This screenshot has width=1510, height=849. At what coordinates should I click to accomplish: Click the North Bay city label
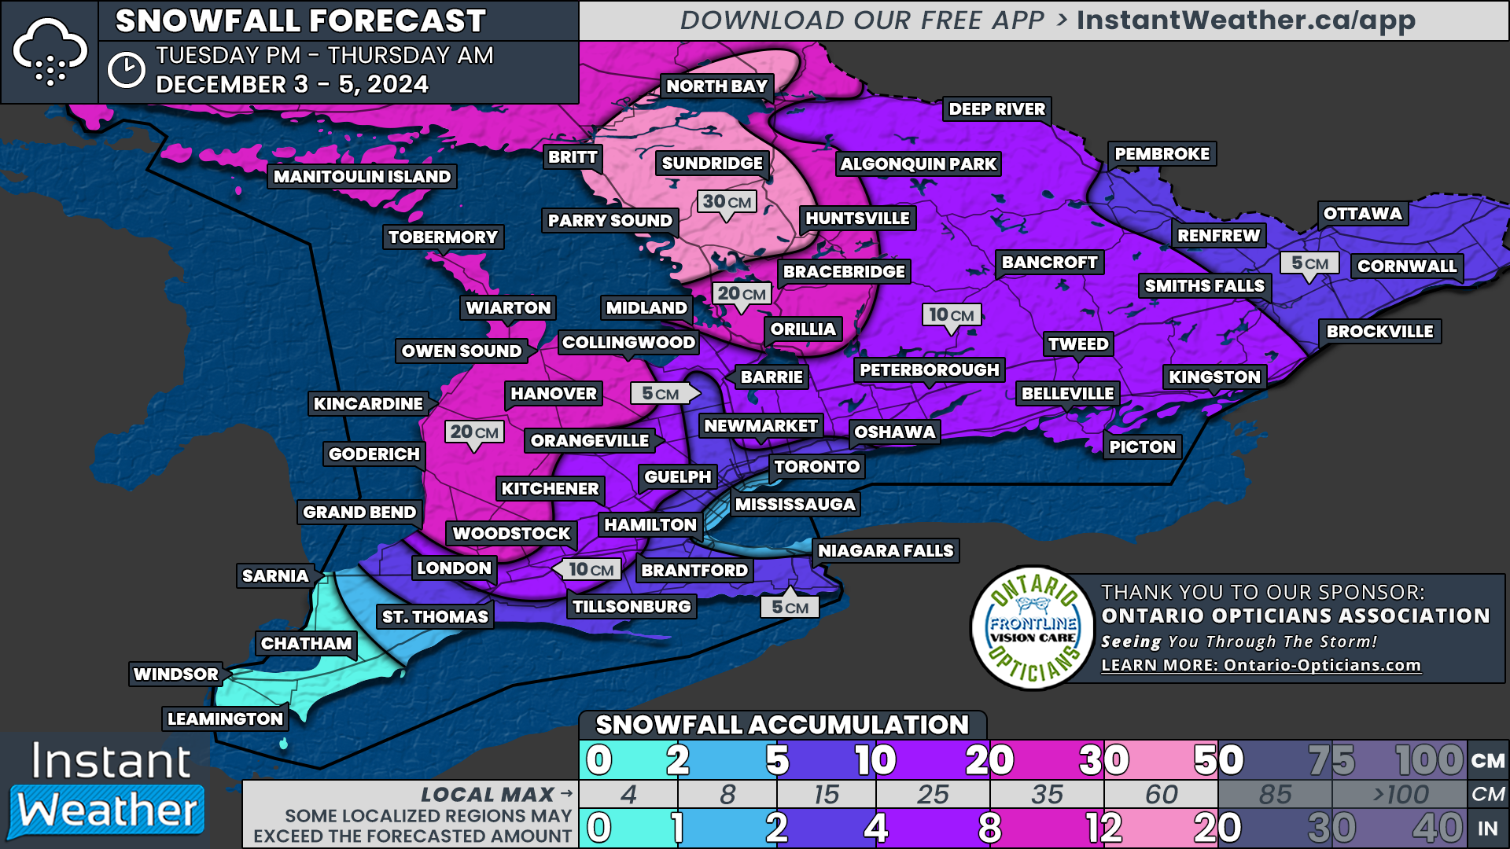pyautogui.click(x=716, y=86)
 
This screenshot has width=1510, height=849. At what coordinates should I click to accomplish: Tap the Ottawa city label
pyautogui.click(x=1362, y=214)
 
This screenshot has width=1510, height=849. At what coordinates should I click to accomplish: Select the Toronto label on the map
pyautogui.click(x=816, y=467)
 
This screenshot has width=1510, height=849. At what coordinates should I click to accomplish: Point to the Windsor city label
pyautogui.click(x=176, y=674)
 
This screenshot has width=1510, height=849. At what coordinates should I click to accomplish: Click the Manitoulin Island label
pyautogui.click(x=362, y=177)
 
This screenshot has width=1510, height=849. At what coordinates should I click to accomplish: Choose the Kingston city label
pyautogui.click(x=1214, y=377)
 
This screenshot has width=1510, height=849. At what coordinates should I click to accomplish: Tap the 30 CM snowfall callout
pyautogui.click(x=727, y=202)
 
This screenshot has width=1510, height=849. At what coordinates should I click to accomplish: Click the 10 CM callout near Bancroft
pyautogui.click(x=951, y=315)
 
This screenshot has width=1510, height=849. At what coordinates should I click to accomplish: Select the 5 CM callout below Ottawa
pyautogui.click(x=1309, y=263)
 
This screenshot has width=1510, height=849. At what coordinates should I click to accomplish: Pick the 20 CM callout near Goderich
pyautogui.click(x=473, y=432)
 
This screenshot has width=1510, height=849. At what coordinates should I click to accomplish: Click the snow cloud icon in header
pyautogui.click(x=50, y=52)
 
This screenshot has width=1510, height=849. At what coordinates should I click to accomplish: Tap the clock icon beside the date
pyautogui.click(x=126, y=71)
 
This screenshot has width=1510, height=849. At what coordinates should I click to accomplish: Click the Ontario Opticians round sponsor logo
pyautogui.click(x=1033, y=628)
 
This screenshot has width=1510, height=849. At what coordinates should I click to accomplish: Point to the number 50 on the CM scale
pyautogui.click(x=1218, y=760)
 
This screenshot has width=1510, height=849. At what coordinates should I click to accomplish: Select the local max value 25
pyautogui.click(x=932, y=795)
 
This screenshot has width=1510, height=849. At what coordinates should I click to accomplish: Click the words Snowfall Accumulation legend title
pyautogui.click(x=782, y=725)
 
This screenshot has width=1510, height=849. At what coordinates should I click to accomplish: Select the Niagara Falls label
pyautogui.click(x=885, y=551)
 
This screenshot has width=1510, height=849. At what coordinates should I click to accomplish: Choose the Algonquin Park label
pyautogui.click(x=918, y=164)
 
